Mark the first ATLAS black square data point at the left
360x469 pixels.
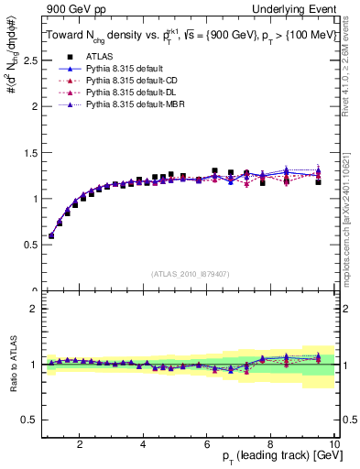pos(51,235)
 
